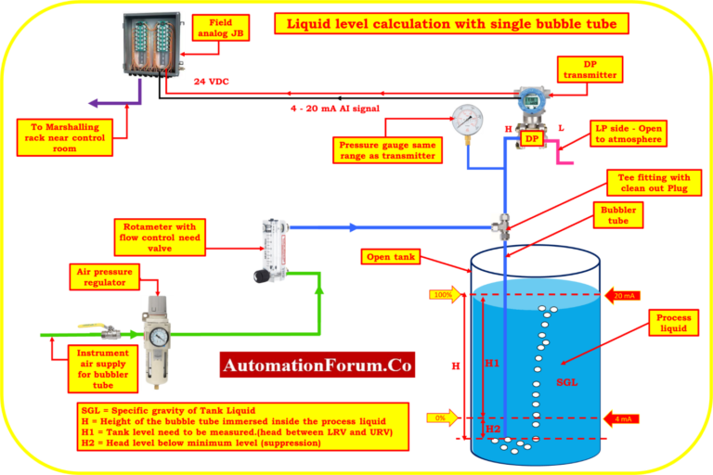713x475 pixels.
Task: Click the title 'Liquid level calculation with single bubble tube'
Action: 450,23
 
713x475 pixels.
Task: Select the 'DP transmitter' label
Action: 590,69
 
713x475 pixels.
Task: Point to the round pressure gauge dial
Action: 466,119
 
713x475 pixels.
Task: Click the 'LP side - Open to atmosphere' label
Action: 628,133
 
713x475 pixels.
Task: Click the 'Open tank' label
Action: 391,257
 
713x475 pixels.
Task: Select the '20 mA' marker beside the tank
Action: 623,296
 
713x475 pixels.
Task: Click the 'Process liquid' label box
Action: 673,323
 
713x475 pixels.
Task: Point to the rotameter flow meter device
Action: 270,249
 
